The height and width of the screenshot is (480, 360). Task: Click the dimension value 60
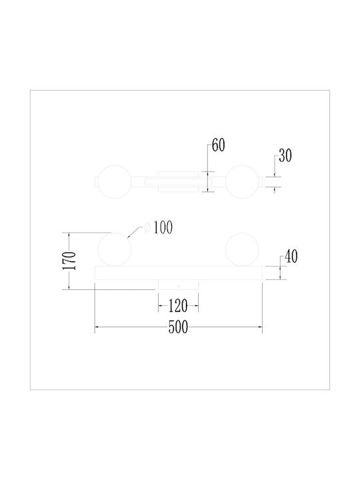(x=218, y=145)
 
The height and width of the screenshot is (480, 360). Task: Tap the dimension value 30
(x=285, y=155)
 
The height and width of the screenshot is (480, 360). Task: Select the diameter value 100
(x=163, y=227)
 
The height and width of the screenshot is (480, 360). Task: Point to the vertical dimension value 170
(x=69, y=261)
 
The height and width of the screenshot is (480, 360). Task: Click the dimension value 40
(x=291, y=257)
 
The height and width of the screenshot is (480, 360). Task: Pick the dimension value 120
(x=178, y=306)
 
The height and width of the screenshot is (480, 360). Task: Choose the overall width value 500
(x=178, y=327)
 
